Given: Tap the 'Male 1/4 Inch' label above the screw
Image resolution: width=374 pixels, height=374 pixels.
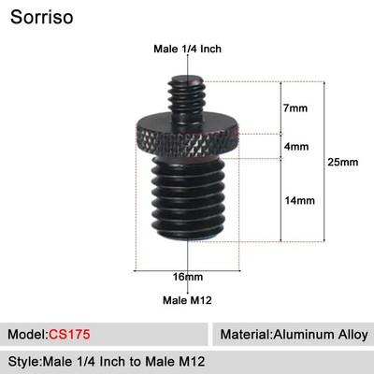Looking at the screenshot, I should pos(187,49).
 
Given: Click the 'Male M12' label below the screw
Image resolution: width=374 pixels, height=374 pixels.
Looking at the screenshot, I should pos(187,299).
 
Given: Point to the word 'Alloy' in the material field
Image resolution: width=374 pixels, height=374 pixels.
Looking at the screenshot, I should pos(351,334).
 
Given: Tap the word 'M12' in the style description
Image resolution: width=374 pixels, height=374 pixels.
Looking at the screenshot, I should pos(190,361).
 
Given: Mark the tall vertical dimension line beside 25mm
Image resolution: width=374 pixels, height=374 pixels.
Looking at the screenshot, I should pos(323,164).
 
